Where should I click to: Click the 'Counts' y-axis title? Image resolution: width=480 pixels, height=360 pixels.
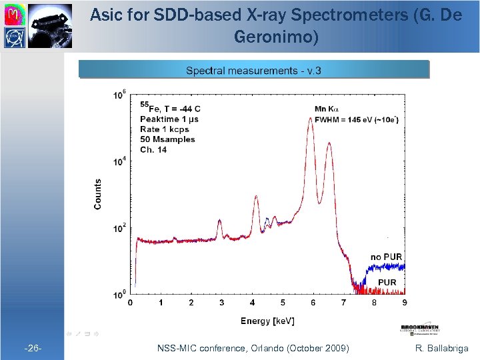(x=98, y=194)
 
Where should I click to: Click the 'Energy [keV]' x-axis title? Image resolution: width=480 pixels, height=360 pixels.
(x=267, y=321)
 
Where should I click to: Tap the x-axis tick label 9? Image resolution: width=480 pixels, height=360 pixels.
(x=405, y=303)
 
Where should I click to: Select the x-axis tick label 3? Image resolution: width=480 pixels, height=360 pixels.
(x=222, y=303)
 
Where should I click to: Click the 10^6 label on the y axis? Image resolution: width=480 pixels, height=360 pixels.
(x=119, y=95)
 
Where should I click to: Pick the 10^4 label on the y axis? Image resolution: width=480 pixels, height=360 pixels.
(x=119, y=162)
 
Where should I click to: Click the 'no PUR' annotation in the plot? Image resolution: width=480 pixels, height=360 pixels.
(x=386, y=257)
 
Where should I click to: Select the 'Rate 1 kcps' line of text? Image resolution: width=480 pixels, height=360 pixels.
(x=165, y=129)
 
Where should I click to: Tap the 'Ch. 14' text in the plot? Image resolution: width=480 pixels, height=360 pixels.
(x=153, y=149)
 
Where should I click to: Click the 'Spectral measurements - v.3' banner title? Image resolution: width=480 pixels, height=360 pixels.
(x=253, y=71)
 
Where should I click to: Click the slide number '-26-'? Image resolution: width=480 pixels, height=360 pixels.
(x=33, y=348)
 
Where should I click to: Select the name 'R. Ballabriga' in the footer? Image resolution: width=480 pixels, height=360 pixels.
(x=441, y=348)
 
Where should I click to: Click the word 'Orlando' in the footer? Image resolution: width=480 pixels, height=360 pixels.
(x=267, y=348)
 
